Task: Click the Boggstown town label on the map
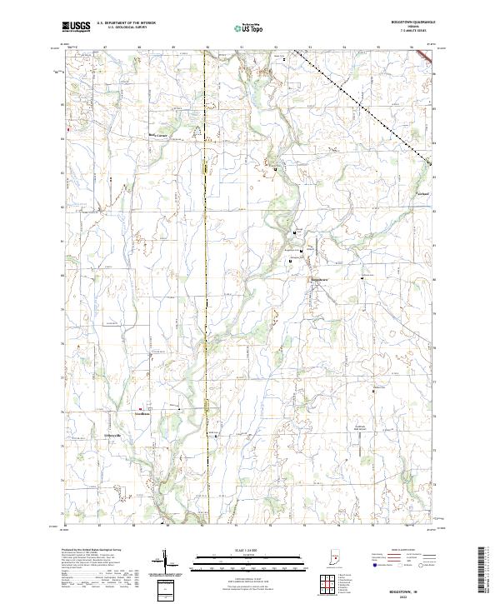319,278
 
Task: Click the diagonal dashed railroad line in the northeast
367,103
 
